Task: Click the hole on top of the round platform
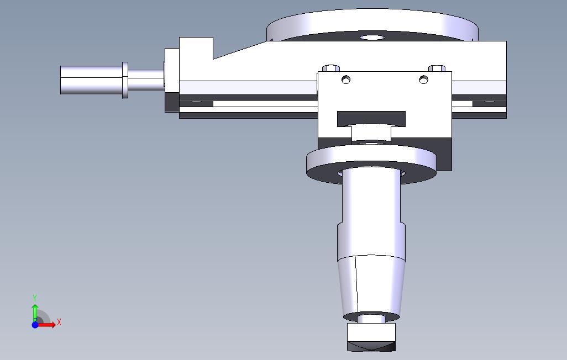click(372, 38)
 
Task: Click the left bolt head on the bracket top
click(332, 68)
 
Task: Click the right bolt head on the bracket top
click(437, 68)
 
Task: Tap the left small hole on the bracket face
click(346, 80)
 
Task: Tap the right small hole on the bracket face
click(423, 80)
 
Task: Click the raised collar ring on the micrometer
click(125, 80)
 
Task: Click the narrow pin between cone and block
click(371, 319)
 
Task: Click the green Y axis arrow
click(35, 306)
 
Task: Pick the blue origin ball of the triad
click(35, 325)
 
